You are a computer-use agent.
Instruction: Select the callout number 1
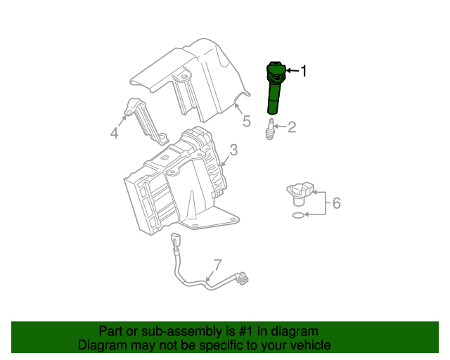(303, 71)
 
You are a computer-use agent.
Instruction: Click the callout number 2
(292, 127)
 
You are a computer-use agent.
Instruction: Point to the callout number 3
(234, 150)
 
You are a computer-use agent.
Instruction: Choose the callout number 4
(114, 133)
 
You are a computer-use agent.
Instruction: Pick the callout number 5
(247, 121)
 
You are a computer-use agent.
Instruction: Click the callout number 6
(336, 203)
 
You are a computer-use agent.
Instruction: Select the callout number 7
(218, 265)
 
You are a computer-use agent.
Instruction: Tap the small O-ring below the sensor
(298, 215)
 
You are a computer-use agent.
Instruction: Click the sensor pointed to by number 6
(300, 193)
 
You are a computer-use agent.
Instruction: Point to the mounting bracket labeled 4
(146, 120)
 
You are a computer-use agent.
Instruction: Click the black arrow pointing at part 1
(292, 70)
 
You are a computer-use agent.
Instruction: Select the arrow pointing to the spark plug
(281, 126)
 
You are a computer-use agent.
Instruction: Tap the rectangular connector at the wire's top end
(175, 238)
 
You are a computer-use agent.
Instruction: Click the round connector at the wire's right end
(243, 278)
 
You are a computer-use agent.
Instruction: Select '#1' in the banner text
(245, 331)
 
